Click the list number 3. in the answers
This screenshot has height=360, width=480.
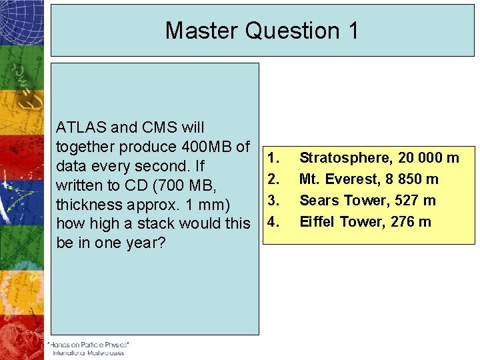click(272, 199)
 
